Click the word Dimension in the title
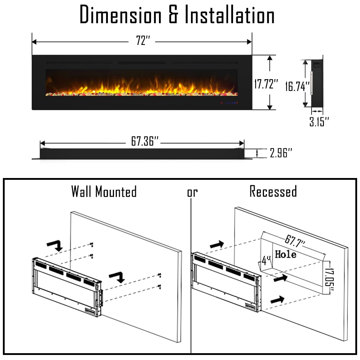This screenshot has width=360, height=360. [120, 15]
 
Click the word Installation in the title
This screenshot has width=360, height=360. [230, 15]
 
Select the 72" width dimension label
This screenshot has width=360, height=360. [143, 41]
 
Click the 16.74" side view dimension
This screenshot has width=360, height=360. [297, 86]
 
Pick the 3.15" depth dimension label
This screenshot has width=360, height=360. [319, 122]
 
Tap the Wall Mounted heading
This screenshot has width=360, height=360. [104, 191]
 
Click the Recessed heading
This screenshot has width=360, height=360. [273, 191]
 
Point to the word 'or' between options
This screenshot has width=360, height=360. [192, 193]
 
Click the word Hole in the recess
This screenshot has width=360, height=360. [286, 254]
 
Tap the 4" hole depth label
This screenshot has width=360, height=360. [266, 261]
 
